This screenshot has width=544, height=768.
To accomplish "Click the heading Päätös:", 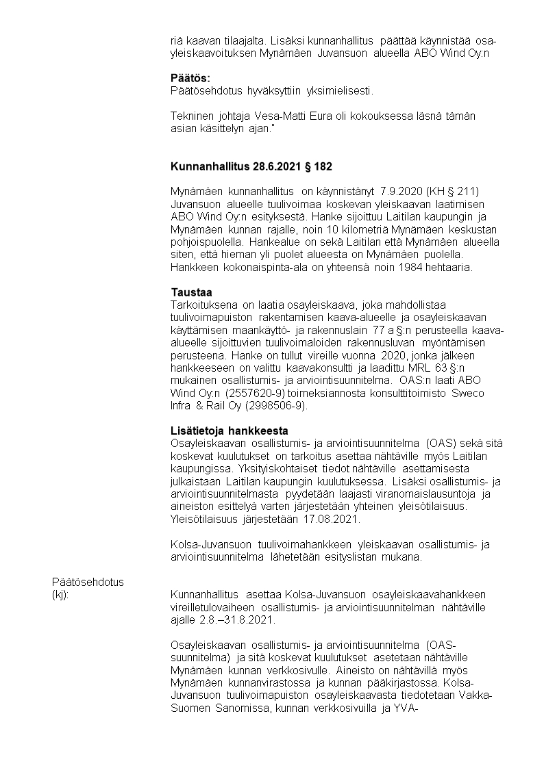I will coord(190,77).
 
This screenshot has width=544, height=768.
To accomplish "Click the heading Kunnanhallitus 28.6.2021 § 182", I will coord(252,166).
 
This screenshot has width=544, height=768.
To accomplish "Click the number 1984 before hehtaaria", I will coord(415,267).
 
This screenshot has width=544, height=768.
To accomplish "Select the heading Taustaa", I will coord(191,293).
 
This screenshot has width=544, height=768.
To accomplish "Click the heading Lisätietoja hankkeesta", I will coord(229,431).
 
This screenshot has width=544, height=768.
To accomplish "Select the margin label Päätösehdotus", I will coord(88,582).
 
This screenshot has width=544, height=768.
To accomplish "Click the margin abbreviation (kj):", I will coord(61,595).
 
